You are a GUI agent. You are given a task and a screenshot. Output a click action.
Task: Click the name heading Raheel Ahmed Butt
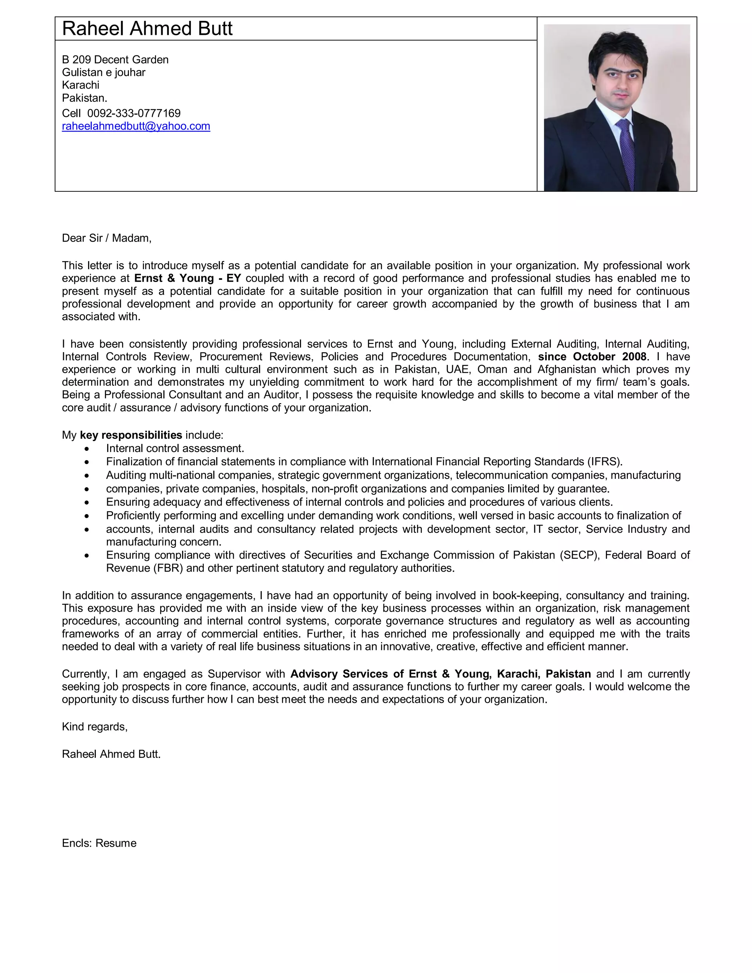(147, 29)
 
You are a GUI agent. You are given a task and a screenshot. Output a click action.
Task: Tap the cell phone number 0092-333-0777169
(134, 113)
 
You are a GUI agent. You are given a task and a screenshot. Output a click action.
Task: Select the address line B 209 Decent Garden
(115, 60)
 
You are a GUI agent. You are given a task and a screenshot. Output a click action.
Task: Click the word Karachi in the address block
(81, 85)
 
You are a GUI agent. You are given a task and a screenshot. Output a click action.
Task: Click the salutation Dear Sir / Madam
(106, 238)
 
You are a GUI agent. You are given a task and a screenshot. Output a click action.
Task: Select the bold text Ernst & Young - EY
(187, 278)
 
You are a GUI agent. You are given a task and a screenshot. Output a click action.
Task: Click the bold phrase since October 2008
(592, 357)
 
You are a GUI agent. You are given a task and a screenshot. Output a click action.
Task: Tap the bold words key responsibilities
(131, 435)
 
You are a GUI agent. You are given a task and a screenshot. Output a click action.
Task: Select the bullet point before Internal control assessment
(87, 449)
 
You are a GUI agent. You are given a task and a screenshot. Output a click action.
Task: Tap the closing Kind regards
(94, 727)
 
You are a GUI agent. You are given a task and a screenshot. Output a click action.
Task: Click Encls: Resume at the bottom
(99, 843)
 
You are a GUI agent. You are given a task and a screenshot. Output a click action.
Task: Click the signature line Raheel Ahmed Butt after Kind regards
(111, 754)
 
